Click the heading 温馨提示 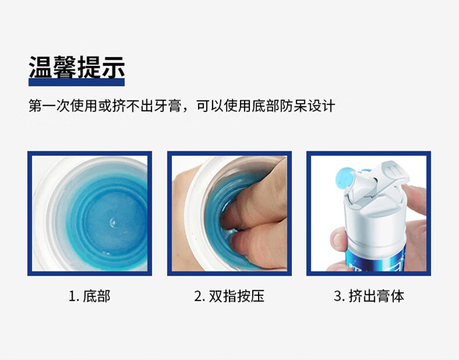point(77,67)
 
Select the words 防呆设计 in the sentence point(307,106)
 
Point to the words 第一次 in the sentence point(49,106)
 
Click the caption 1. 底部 point(89,296)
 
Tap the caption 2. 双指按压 point(229,296)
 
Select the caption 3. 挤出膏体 point(369,296)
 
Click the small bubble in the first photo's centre point(113,223)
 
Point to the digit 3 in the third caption point(338,296)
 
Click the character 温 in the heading point(41,67)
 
